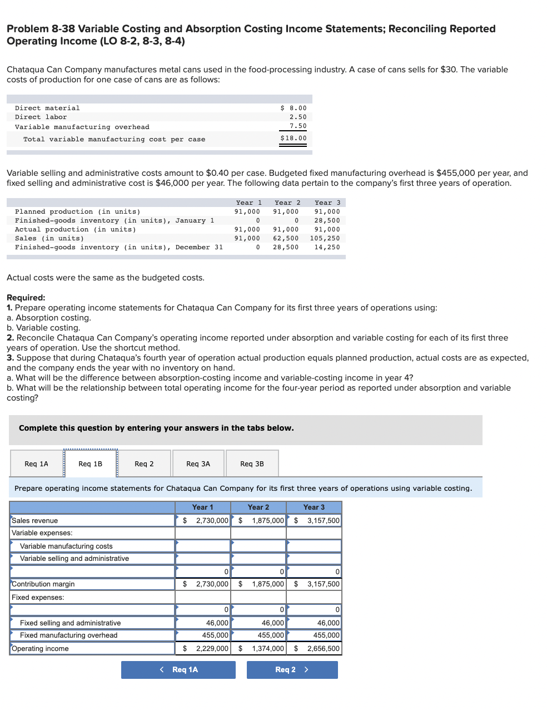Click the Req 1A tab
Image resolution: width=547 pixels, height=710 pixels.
click(36, 464)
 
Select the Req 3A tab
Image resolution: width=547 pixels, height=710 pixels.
click(198, 464)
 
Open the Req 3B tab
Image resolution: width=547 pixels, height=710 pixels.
click(252, 464)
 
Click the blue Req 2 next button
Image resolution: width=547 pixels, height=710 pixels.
click(292, 669)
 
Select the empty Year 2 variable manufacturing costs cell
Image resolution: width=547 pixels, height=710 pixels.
click(258, 546)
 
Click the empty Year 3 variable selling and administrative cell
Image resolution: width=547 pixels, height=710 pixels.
click(314, 558)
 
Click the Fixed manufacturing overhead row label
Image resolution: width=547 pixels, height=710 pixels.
click(68, 635)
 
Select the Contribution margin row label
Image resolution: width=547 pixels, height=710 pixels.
click(43, 584)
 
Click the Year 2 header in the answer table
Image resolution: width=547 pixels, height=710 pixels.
click(258, 507)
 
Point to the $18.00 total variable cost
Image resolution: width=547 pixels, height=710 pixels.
click(294, 138)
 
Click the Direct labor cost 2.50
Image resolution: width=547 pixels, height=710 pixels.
click(298, 117)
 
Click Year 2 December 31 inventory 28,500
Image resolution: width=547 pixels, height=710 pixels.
click(286, 247)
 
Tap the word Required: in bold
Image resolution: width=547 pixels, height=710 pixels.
click(26, 297)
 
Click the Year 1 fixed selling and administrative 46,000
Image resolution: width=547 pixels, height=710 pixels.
click(217, 623)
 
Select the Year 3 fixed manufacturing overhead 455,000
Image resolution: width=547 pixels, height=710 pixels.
click(326, 635)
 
